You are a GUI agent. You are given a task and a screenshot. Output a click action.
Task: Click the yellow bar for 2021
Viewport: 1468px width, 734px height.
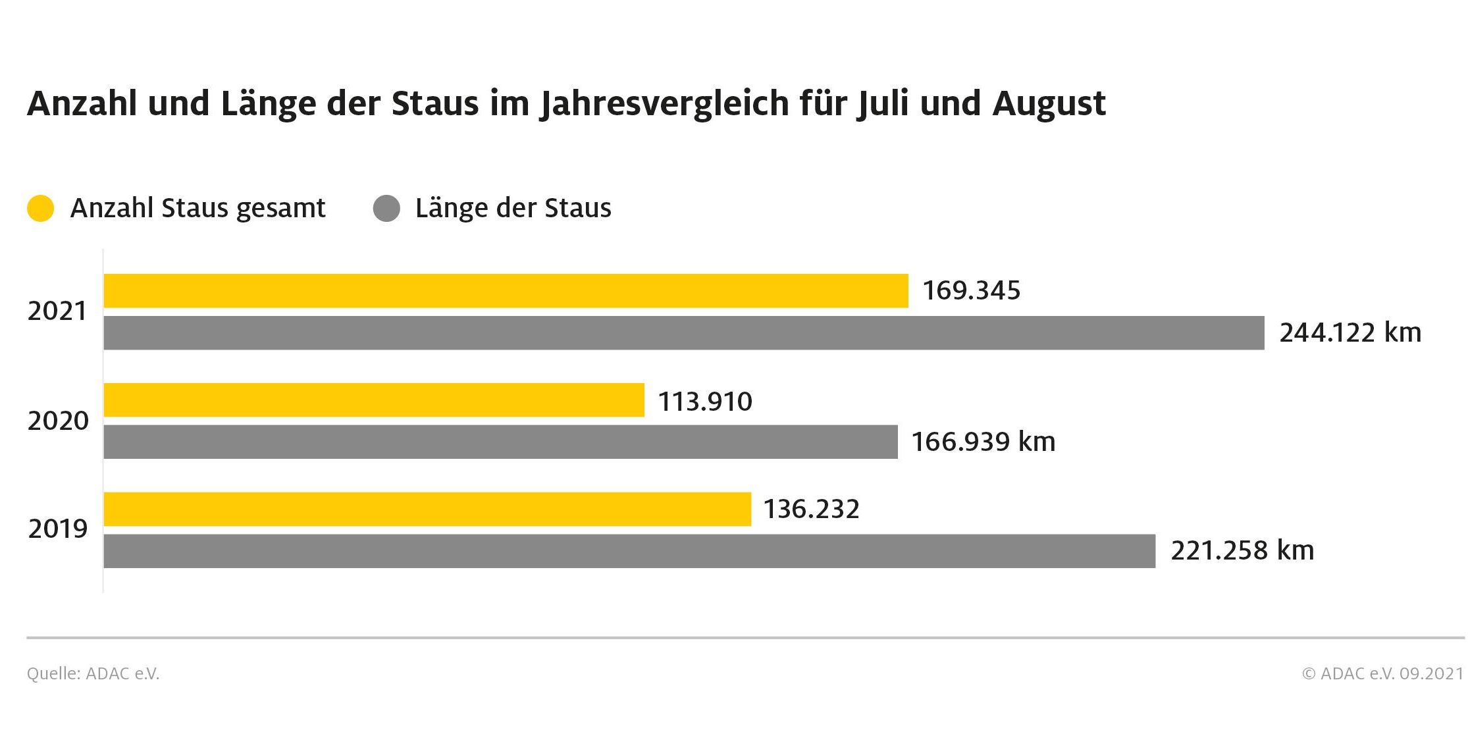tap(506, 291)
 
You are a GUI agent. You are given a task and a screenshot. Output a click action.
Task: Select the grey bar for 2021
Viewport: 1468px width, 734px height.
tap(683, 333)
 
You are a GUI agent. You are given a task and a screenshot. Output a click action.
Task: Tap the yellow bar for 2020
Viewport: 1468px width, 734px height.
tap(374, 400)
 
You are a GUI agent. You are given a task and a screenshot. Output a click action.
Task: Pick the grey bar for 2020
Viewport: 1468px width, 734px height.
tap(500, 442)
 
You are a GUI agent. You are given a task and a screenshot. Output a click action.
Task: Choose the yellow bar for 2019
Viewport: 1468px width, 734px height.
tap(427, 509)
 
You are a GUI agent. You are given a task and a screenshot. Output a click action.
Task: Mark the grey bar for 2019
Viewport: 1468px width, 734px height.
tap(629, 551)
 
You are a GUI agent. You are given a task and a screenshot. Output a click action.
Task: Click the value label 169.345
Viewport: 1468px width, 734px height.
tap(971, 291)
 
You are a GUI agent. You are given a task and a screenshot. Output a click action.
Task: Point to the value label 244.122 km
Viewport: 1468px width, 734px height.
tap(1350, 333)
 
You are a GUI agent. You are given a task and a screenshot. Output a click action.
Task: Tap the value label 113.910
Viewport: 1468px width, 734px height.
tap(705, 402)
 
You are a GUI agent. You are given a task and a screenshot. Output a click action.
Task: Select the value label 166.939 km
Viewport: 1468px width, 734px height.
tap(983, 442)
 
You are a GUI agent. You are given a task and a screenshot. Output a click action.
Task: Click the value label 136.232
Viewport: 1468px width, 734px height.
tap(811, 510)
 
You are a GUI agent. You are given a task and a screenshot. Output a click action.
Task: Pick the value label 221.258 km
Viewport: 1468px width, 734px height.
tap(1242, 551)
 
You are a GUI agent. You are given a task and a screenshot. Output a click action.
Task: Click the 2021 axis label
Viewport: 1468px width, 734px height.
tap(57, 311)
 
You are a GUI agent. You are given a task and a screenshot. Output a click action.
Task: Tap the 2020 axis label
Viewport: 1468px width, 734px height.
tap(58, 421)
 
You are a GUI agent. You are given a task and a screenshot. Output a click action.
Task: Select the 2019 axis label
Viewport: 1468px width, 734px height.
tap(58, 529)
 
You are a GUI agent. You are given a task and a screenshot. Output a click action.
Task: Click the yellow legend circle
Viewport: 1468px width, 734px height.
tap(40, 209)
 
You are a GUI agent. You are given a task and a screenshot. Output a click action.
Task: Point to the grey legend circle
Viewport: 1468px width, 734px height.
tap(386, 209)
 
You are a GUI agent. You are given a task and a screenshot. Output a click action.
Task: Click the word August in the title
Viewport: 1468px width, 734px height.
tap(1049, 104)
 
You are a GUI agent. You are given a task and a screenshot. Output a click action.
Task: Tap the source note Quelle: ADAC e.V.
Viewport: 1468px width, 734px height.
tap(93, 673)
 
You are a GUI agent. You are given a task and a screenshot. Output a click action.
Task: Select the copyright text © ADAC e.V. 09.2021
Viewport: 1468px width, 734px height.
tap(1382, 673)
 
